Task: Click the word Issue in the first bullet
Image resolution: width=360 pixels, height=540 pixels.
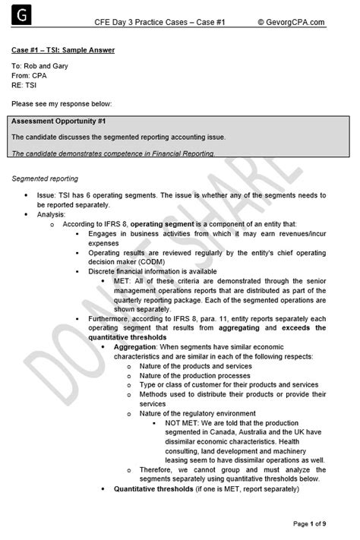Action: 47,195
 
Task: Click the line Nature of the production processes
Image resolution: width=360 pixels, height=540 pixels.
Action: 194,375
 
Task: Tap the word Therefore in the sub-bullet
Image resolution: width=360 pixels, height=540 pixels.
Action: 159,469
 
